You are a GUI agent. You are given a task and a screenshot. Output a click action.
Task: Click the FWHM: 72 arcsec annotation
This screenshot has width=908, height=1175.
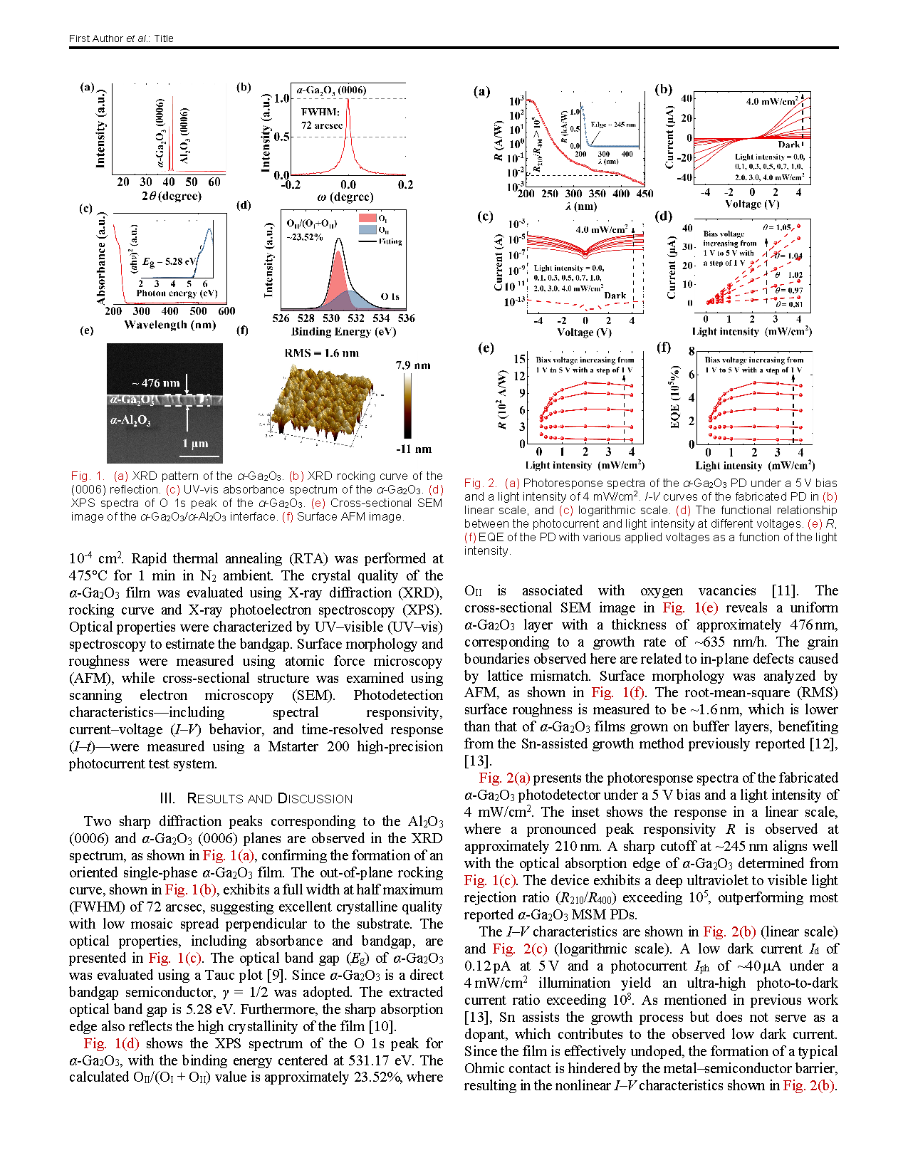click(321, 118)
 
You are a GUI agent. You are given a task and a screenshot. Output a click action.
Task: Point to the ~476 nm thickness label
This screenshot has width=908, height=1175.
click(155, 382)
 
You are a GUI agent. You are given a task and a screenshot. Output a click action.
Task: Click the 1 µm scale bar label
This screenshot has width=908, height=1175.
click(195, 443)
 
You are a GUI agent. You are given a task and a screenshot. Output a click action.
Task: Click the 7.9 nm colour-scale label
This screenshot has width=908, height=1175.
click(413, 365)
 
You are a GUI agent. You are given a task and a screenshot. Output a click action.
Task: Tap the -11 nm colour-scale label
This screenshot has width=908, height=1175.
click(414, 449)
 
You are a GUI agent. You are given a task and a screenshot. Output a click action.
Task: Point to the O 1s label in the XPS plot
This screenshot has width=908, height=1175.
click(390, 296)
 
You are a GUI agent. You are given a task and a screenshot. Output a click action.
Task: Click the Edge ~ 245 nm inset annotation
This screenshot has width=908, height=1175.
click(613, 125)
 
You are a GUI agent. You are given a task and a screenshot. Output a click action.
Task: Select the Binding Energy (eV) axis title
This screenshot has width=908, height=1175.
click(343, 331)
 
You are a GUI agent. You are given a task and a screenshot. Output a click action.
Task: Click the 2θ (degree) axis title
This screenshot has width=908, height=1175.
click(171, 196)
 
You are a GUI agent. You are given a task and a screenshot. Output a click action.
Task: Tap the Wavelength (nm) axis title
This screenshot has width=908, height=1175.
click(169, 325)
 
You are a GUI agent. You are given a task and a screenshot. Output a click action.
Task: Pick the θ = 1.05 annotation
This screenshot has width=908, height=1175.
click(777, 227)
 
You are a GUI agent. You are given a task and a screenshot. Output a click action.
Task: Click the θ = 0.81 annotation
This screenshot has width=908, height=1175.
click(789, 304)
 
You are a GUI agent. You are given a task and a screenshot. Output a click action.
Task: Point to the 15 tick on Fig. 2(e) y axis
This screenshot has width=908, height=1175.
click(520, 359)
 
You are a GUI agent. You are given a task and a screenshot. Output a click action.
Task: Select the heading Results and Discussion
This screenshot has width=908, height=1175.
click(256, 798)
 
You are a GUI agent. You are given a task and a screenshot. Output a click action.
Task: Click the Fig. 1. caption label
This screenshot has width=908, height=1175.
click(88, 476)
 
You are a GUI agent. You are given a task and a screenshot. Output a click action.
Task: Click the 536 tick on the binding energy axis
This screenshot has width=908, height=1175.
click(406, 318)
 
